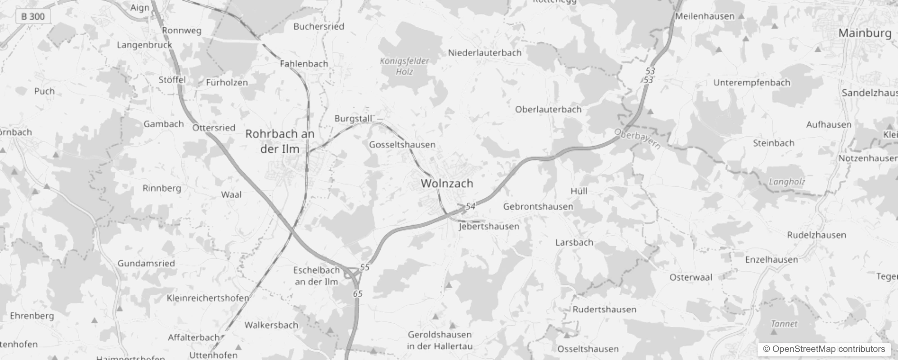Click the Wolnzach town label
(447, 184)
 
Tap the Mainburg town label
(865, 33)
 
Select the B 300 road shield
(33, 17)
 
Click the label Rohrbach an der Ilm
(279, 141)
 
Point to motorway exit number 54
(470, 206)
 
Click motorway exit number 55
(364, 267)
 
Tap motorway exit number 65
(358, 294)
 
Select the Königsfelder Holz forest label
(404, 66)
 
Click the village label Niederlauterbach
(485, 53)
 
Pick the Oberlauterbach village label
(548, 109)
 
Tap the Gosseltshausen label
(402, 144)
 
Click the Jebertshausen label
(489, 226)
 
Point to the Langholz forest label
(787, 182)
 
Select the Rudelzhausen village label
(816, 235)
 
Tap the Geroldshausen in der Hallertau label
(440, 340)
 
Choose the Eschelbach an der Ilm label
(316, 276)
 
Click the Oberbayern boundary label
(638, 139)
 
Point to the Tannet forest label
(784, 324)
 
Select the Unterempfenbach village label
(751, 83)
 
